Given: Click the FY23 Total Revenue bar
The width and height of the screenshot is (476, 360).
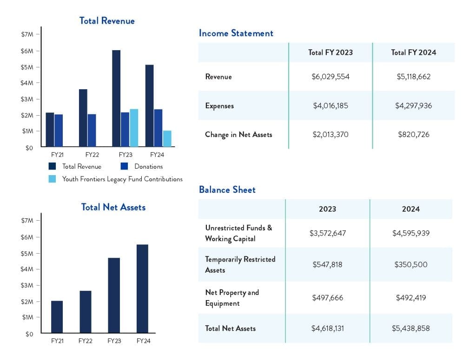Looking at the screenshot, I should coord(116,98).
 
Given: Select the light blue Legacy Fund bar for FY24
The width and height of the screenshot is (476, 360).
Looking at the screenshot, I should coord(167,139).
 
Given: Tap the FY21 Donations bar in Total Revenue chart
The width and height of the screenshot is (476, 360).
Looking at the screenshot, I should coord(59,131).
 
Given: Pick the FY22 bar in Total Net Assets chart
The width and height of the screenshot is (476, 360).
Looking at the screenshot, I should coord(85,312).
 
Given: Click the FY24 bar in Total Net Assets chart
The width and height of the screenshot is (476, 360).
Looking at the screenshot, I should coord(142,288).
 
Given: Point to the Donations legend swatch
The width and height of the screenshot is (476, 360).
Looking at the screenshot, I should coord(124,166).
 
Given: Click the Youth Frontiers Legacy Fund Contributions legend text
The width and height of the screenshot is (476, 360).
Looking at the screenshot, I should coord(122,179).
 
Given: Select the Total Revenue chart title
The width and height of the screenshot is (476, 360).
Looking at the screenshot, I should coord(107,21).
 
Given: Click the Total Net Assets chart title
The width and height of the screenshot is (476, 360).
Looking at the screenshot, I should coord(113,207).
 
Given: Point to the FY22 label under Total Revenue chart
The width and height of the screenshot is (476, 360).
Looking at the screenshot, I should coord(92,154).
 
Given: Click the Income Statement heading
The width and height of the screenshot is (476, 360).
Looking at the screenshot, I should coord(236,33).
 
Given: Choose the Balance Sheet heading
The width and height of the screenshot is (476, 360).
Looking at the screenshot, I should coord(227,190).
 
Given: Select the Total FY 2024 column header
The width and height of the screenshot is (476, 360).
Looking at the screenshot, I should coord(413,52).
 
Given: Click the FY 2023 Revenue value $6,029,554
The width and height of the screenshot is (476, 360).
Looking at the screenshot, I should coord(330,77).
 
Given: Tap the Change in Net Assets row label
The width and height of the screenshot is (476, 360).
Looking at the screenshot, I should coord(238,135).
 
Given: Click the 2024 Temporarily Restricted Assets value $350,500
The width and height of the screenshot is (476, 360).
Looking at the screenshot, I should coord(410,265).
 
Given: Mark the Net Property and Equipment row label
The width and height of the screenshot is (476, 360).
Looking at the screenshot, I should coord(232,298).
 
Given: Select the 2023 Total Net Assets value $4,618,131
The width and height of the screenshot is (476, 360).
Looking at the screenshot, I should coord(327,328).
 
